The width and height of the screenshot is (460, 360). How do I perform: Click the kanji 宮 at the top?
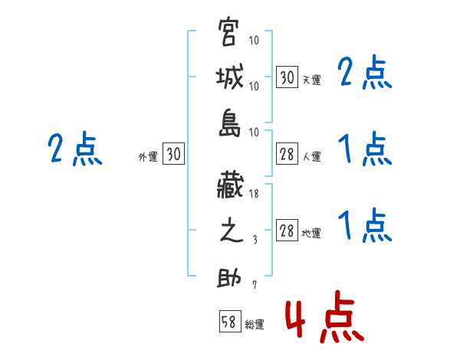230,34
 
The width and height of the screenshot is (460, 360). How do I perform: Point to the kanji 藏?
230,186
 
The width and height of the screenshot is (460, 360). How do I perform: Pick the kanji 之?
230,233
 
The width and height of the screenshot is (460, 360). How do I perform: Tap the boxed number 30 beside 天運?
287,77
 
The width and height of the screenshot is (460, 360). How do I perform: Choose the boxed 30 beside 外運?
173,155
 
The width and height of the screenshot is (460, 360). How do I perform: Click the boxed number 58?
229,322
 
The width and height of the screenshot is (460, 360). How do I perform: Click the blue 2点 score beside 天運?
364,74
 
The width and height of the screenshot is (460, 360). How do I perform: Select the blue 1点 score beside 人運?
364,149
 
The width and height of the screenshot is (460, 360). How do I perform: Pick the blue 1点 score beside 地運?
364,226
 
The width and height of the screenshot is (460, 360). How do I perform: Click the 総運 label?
255,325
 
